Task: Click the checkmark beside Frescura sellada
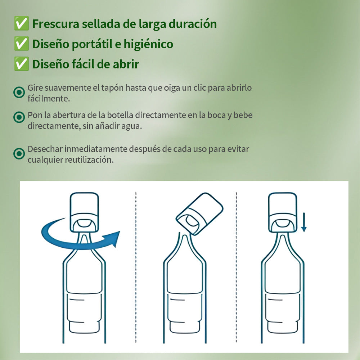pyautogui.click(x=21, y=23)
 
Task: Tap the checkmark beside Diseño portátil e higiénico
pyautogui.click(x=21, y=44)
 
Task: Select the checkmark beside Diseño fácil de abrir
pyautogui.click(x=21, y=64)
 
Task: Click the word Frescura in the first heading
pyautogui.click(x=56, y=24)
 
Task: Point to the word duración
pyautogui.click(x=193, y=24)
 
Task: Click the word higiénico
pyautogui.click(x=148, y=44)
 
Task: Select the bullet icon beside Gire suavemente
pyautogui.click(x=19, y=93)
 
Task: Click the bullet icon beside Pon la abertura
pyautogui.click(x=19, y=117)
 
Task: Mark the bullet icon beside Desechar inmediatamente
pyautogui.click(x=19, y=153)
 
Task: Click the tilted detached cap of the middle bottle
pyautogui.click(x=199, y=214)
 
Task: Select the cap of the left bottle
pyautogui.click(x=84, y=212)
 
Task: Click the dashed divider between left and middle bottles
pyautogui.click(x=136, y=267)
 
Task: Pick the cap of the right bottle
pyautogui.click(x=283, y=212)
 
